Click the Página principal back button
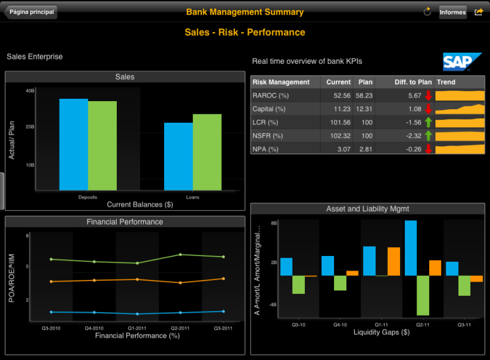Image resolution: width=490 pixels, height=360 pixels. coord(31,12)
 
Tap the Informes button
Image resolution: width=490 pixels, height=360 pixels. coord(453,12)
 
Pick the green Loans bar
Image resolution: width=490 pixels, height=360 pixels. coord(207,152)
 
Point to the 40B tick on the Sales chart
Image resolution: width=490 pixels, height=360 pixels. coord(30,91)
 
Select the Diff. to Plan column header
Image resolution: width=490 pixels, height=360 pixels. coord(413,82)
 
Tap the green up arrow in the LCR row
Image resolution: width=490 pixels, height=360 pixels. coord(428,122)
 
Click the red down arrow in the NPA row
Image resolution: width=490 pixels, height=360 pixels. coord(428,149)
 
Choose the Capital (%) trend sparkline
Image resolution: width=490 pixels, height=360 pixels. coord(460,109)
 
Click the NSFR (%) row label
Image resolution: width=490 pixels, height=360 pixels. coord(267,136)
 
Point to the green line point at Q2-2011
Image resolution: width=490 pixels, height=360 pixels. coord(180,255)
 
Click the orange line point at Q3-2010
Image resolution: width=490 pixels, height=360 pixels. coord(51,282)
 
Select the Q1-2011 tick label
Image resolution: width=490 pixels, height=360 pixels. coord(137,328)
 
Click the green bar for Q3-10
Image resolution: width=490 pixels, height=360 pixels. coord(298,285)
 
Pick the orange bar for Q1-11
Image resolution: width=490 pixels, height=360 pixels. coord(394,261)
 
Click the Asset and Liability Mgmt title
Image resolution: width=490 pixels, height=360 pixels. coord(367,209)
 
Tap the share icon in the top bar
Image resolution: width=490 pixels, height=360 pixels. coord(479,12)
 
